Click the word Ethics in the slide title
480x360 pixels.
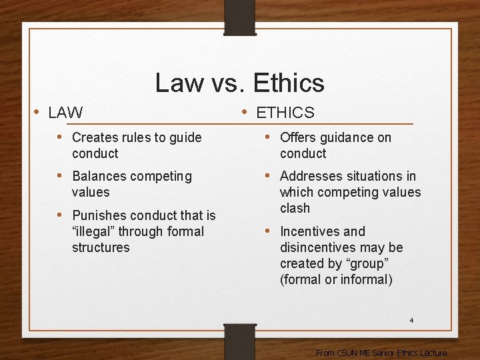(288, 83)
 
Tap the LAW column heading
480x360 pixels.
(65, 113)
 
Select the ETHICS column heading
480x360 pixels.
(285, 113)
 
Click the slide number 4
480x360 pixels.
(411, 321)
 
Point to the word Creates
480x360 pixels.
(94, 137)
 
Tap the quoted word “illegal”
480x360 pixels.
(93, 231)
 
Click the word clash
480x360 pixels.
(295, 208)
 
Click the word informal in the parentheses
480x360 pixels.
(366, 279)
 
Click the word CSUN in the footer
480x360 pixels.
(347, 353)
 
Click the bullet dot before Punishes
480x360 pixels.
(61, 215)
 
